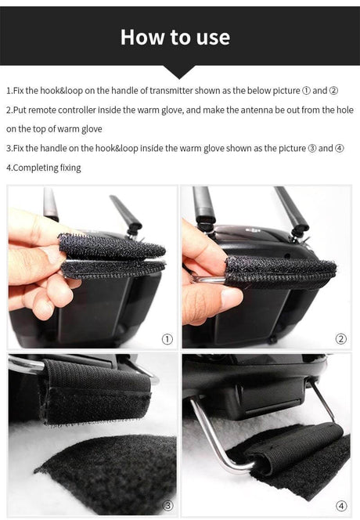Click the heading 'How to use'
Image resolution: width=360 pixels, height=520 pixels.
175,37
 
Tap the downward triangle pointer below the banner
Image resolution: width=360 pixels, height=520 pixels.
179,72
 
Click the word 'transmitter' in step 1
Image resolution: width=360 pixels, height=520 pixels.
171,91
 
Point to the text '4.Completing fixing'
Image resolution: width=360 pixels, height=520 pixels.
43,168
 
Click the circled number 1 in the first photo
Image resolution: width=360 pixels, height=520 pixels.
167,339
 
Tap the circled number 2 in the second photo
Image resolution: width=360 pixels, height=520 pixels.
340,339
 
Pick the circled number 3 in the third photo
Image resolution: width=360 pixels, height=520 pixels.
168,506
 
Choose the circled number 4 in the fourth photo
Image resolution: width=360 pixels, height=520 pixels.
341,506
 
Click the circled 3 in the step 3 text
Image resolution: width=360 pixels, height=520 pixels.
312,148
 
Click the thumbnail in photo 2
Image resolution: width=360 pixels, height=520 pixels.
231,297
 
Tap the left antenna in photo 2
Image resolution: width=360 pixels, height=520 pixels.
203,205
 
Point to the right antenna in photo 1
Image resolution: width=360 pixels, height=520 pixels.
126,213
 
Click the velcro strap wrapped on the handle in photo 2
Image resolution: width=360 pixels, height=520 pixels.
281,272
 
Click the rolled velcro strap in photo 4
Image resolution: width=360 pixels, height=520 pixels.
295,446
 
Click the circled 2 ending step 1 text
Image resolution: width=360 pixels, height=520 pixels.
333,91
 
